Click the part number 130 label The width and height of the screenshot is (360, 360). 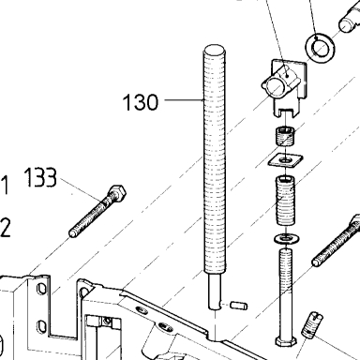141,102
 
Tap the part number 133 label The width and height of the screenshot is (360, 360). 40,177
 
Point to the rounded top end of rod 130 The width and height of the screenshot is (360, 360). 215,50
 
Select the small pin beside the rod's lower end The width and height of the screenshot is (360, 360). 238,306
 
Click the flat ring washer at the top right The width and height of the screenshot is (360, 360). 321,48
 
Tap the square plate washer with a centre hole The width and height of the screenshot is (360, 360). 285,160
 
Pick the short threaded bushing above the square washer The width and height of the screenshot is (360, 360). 285,136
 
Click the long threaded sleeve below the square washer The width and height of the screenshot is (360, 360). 285,200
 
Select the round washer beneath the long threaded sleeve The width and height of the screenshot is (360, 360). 287,238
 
